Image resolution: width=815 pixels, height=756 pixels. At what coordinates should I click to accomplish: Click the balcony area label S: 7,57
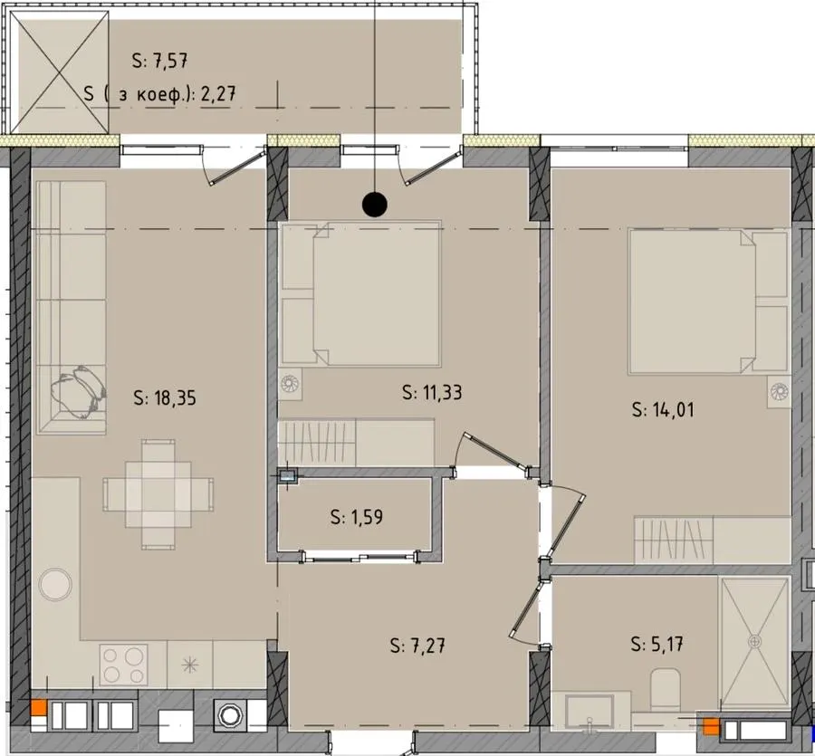pos(159,61)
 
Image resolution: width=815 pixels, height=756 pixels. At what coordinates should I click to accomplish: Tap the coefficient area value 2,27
pos(218,94)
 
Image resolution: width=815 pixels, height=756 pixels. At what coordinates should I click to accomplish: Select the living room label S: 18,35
pos(165,398)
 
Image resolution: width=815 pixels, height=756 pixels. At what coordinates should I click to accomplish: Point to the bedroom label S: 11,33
pos(432,392)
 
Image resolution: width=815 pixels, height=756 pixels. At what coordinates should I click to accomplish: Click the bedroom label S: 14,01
pos(663,409)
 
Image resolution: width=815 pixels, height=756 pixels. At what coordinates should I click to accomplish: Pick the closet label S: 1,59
pos(357,517)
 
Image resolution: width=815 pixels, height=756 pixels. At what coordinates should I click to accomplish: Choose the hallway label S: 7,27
pos(417,646)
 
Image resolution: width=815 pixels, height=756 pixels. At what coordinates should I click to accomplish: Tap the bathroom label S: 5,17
pos(657,645)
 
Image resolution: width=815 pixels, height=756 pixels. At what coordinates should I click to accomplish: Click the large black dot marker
pos(375,205)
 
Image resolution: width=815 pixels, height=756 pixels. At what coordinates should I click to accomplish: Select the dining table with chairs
pos(158,494)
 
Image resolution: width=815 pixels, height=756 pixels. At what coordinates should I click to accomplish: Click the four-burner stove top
pos(124,665)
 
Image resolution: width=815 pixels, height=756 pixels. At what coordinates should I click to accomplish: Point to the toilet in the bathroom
pos(666,689)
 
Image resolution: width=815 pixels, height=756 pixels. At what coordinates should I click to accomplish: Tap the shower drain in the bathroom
pos(754,642)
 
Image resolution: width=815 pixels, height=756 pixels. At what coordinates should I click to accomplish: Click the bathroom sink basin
pos(590,712)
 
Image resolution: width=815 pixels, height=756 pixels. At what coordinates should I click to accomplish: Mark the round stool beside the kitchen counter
pos(55,585)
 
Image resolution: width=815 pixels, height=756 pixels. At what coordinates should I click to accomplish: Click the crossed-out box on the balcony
pos(60,72)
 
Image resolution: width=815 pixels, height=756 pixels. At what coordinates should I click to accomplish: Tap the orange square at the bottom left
pos(39,708)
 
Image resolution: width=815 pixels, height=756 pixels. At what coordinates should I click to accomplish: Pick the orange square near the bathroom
pos(711,727)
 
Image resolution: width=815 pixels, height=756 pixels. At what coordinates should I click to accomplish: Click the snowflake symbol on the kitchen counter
pos(190,665)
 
